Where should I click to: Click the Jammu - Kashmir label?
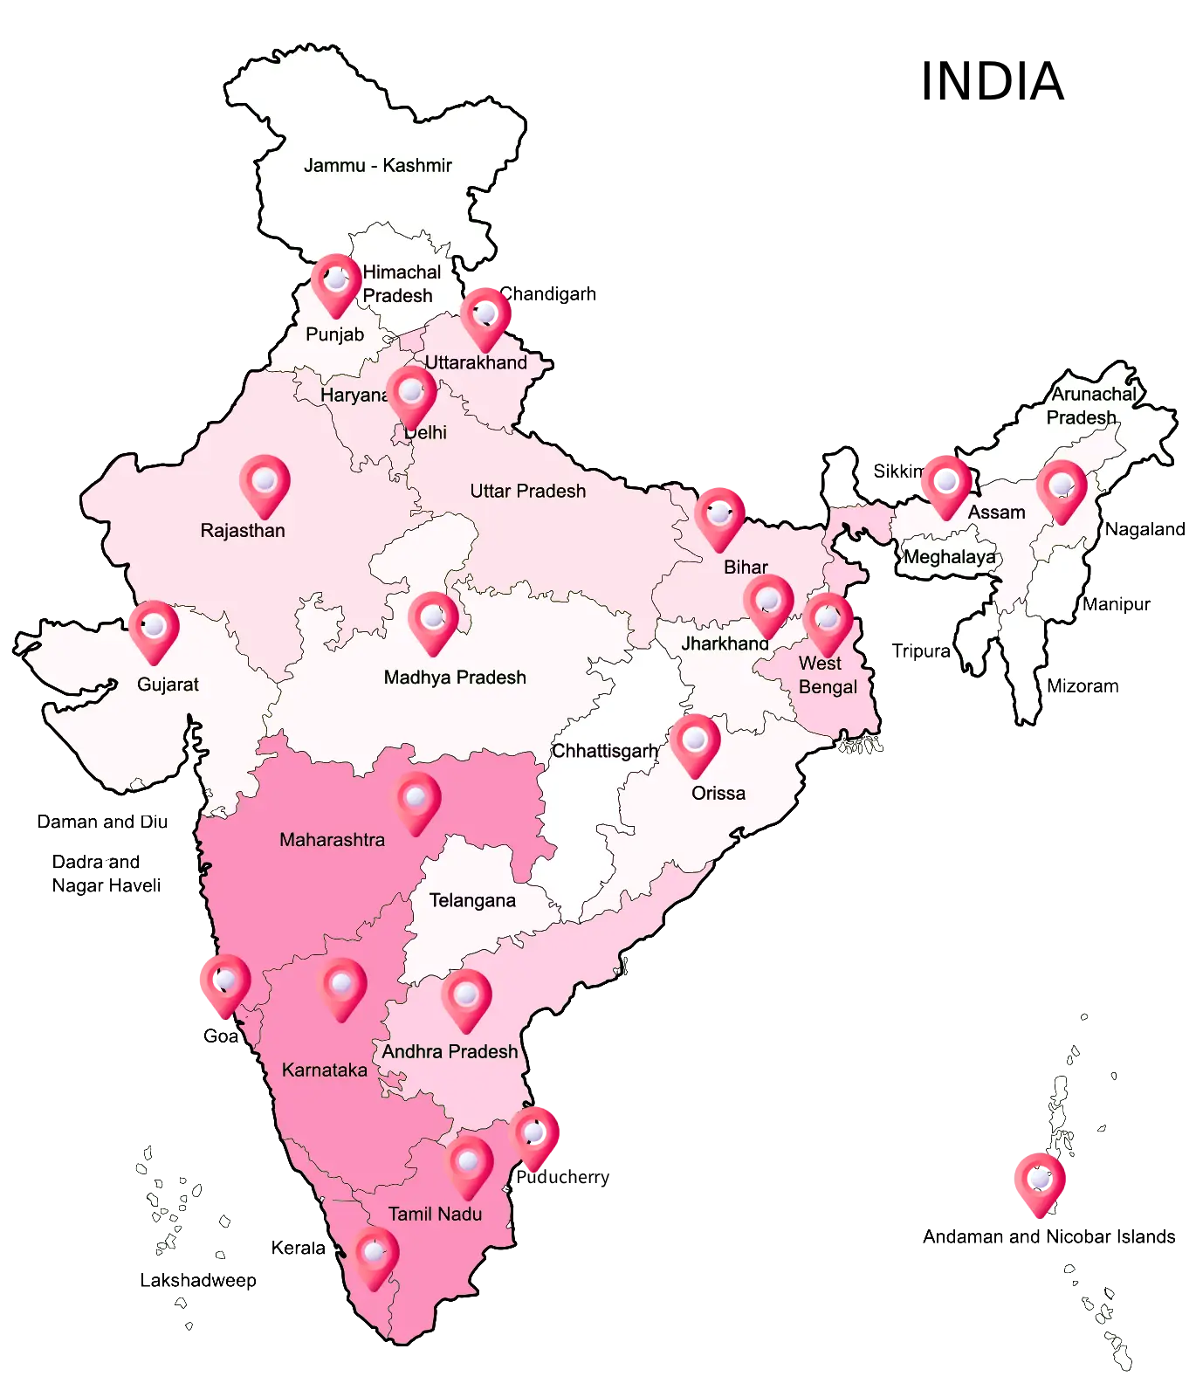(x=377, y=165)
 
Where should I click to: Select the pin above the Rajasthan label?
(x=265, y=484)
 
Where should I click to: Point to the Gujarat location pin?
(x=154, y=630)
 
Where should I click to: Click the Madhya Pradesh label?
(x=455, y=678)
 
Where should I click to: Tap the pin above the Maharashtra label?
(x=417, y=801)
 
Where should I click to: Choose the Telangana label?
(x=472, y=900)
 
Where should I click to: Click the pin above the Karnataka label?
(x=342, y=988)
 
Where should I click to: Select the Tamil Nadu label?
(x=435, y=1214)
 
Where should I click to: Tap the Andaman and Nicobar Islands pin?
(x=1039, y=1182)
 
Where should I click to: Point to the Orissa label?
(x=718, y=793)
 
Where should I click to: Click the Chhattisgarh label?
(x=605, y=751)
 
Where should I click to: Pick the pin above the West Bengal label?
(x=828, y=623)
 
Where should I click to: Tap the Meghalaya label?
(x=949, y=557)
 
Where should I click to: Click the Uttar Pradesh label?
(x=527, y=491)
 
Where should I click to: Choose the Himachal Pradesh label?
(x=400, y=284)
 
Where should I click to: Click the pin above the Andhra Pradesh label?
(x=466, y=998)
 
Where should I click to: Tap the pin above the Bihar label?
(x=719, y=517)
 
